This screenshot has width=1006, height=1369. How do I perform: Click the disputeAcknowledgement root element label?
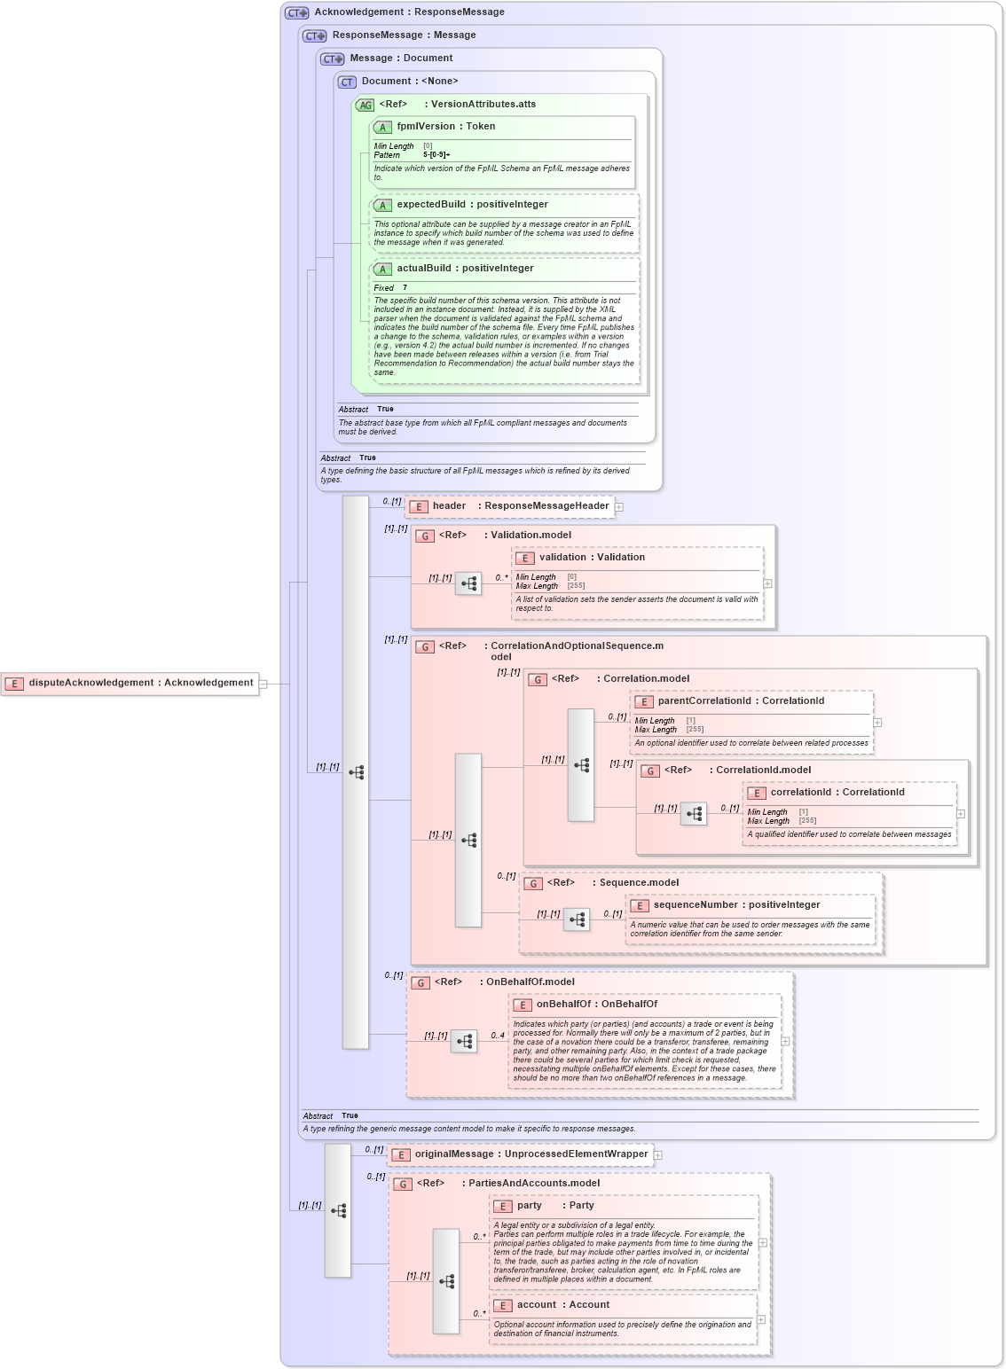140,683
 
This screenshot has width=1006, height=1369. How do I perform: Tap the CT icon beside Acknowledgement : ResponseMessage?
296,12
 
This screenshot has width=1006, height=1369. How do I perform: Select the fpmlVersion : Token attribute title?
445,127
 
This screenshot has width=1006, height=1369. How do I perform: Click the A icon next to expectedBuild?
382,206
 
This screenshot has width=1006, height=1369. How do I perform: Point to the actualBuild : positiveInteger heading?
465,269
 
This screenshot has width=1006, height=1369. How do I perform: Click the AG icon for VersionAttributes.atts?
365,106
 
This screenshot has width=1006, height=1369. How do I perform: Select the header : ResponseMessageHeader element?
520,506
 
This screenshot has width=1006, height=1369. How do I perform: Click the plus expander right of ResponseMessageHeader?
619,507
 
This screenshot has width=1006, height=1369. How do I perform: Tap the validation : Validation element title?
592,558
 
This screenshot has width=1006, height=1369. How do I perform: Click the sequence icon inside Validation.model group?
468,583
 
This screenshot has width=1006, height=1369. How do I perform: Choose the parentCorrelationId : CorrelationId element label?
741,701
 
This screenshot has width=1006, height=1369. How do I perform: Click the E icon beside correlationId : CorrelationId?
757,794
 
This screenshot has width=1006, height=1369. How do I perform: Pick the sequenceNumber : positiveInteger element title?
736,905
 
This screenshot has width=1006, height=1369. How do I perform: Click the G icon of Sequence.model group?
533,884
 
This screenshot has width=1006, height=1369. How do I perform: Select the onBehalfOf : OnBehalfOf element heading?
596,1005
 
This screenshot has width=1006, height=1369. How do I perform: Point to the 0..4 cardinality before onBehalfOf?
498,1036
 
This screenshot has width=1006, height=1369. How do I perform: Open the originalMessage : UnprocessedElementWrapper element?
531,1154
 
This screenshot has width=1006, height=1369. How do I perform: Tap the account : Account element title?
562,1305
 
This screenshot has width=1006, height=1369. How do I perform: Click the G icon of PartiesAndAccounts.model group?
403,1185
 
